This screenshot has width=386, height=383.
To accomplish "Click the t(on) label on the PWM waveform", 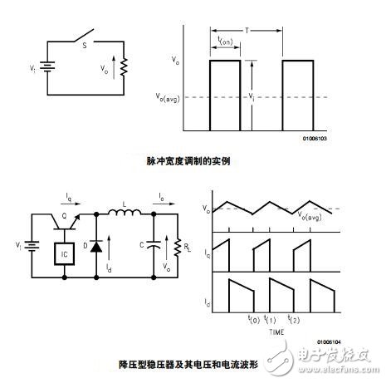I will (x=223, y=42).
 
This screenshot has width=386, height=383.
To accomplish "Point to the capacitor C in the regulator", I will (x=153, y=245).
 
